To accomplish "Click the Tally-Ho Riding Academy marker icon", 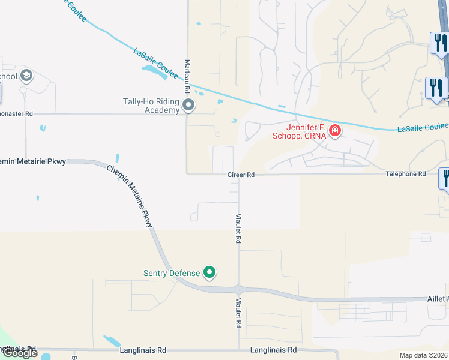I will [188, 106].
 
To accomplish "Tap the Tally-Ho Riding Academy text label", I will [151, 106].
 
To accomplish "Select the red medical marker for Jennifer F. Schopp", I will [334, 130].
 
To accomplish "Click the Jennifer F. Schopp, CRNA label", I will [298, 131].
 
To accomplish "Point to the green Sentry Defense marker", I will [209, 273].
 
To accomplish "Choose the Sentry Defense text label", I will [172, 273].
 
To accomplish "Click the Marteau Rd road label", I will [187, 76].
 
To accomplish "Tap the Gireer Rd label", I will [241, 175].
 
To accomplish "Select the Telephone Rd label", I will [405, 174].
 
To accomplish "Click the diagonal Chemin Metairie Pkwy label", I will [130, 196].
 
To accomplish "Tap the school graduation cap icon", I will [26, 76].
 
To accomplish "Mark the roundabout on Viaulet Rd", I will [239, 289].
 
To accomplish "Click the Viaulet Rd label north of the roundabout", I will [238, 228].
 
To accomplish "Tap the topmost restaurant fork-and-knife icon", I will [439, 43].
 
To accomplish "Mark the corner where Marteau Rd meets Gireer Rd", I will [187, 174].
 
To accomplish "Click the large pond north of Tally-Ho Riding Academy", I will [155, 72].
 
